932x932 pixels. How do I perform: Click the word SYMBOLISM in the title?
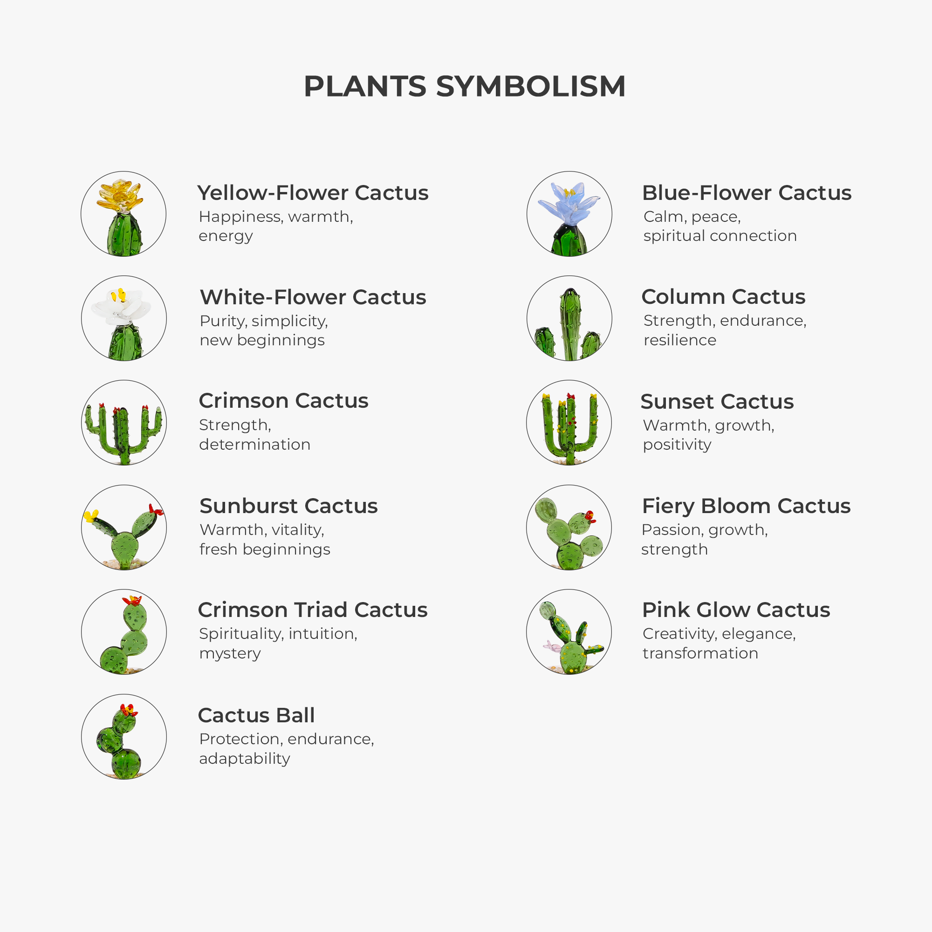pos(531,86)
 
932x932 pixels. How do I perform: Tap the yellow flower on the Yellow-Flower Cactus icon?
pos(119,195)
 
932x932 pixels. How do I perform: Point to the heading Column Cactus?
pos(723,297)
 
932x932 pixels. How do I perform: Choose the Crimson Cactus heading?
pos(284,401)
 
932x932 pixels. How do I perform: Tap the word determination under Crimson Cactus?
pos(255,444)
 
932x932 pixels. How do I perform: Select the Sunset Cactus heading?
pos(717,401)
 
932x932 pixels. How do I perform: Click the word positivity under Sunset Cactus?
pos(677,445)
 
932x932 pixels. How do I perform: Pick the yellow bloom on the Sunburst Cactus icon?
pos(91,516)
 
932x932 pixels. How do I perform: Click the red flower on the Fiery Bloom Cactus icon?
pos(590,517)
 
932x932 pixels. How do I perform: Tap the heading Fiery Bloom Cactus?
pos(746,506)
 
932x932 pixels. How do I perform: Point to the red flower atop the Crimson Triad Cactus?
pos(132,601)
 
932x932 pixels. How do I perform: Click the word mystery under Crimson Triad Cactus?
pos(230,653)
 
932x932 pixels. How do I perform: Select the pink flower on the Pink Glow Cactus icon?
pos(550,644)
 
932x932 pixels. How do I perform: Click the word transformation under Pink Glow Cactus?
pos(700,653)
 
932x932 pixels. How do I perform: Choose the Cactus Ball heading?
pos(256,715)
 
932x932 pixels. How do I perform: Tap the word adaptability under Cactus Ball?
pos(245,759)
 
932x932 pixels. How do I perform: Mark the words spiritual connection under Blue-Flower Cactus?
pos(720,236)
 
